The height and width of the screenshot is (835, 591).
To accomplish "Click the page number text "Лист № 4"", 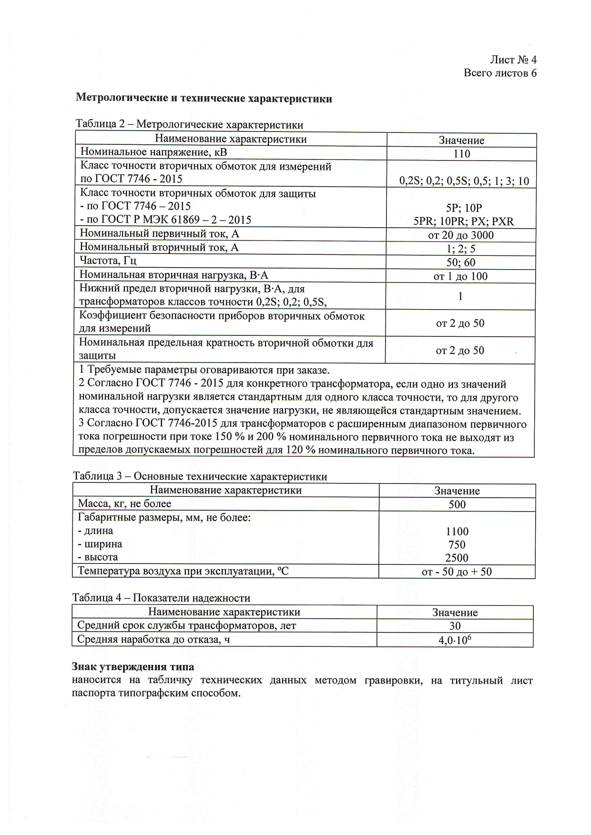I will (x=513, y=60).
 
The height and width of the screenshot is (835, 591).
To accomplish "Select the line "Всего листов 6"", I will (x=500, y=73).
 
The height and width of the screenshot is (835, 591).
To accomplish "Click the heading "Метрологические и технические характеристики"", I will (x=204, y=99).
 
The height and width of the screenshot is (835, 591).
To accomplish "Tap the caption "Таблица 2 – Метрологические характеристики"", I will (x=189, y=125).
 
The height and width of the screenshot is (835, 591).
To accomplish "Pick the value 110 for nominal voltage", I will (x=461, y=153).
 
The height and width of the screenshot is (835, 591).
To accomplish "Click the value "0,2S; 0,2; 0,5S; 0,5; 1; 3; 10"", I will (x=464, y=181).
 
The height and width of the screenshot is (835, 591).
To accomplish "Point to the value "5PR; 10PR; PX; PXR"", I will (x=464, y=221).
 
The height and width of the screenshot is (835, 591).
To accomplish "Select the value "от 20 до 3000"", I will (x=460, y=235).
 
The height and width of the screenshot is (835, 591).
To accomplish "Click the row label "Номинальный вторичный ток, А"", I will (x=159, y=247).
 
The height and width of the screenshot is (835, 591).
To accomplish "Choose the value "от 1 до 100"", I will (x=460, y=276).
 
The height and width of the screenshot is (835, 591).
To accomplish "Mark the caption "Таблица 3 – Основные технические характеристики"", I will (x=200, y=476).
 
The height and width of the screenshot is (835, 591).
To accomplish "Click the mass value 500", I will (x=457, y=504).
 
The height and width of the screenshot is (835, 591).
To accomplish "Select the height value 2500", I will (x=457, y=558).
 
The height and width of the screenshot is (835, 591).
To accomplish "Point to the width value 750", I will (x=457, y=544).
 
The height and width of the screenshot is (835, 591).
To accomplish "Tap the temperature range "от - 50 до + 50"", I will (x=457, y=572).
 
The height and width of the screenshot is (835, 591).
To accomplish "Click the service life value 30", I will (x=455, y=626).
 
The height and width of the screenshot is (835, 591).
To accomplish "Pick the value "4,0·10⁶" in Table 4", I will (x=455, y=640).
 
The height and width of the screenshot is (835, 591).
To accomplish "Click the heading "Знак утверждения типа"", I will (x=133, y=667).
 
